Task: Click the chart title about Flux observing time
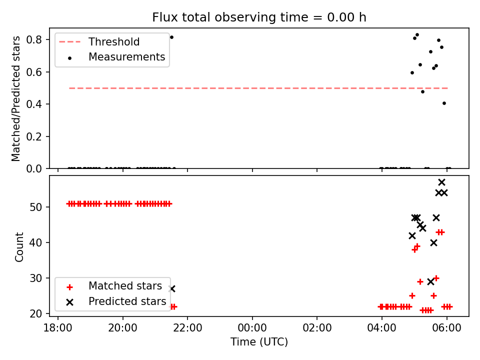click(259, 17)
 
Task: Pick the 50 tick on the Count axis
click(35, 207)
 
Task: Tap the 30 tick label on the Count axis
click(35, 278)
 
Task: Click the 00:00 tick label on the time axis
click(252, 328)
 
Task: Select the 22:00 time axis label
click(187, 328)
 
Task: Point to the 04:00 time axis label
click(381, 328)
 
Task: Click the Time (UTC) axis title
click(259, 341)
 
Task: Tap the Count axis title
click(19, 246)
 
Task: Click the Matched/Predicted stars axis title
click(16, 98)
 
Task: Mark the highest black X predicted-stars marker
click(441, 182)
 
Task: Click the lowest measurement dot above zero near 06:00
click(444, 103)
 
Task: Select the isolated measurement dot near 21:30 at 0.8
click(171, 37)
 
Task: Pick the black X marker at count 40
click(433, 243)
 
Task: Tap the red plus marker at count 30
click(436, 278)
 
